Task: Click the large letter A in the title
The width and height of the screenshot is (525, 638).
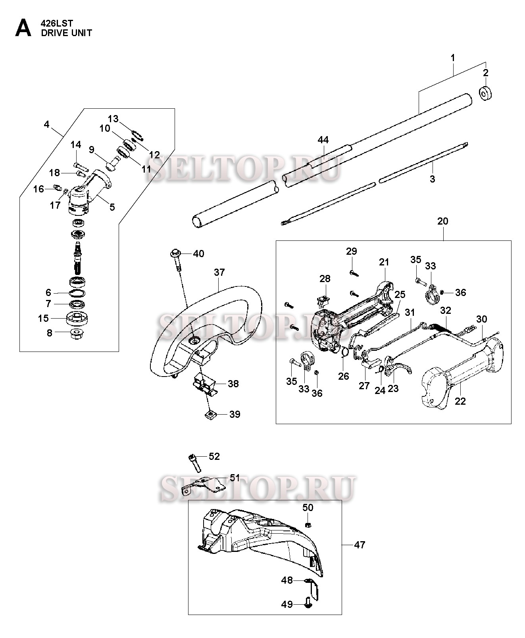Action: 23,28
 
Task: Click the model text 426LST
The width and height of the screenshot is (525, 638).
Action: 57,23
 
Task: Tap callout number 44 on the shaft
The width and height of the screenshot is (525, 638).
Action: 323,140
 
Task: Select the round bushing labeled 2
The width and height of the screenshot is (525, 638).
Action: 485,94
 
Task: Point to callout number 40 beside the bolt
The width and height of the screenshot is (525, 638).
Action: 198,254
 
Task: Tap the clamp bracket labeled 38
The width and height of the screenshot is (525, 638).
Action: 206,386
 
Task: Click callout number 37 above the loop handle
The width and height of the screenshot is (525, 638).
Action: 219,272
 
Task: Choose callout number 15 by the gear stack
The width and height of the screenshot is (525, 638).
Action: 43,318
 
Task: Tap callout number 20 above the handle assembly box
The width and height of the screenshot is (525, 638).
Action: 443,221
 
